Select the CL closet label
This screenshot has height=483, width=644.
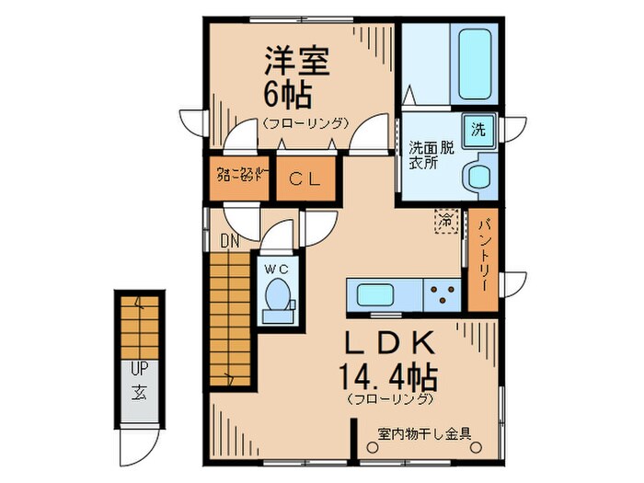pos(303,179)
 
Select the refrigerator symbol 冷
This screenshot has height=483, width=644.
pos(446,221)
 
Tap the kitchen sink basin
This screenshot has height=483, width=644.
pos(377,296)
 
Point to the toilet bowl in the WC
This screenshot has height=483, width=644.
pos(278,295)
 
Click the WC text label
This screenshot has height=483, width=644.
pos(277,269)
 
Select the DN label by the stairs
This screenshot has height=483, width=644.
pos(230,242)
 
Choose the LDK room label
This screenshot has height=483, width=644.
pos(388,342)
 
